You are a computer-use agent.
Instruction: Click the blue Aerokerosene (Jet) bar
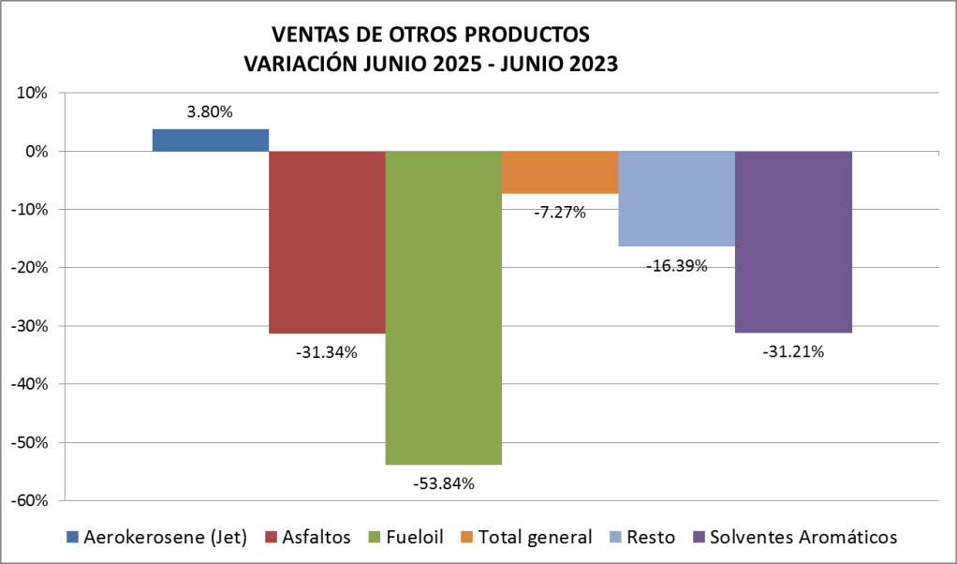coord(211,141)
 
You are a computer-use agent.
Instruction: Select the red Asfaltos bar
coord(327,242)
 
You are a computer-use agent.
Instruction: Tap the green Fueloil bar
coord(443,307)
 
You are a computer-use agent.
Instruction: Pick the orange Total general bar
coord(560,172)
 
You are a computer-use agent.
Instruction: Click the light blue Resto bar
coord(676,199)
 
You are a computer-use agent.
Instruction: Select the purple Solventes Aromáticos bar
coord(793,242)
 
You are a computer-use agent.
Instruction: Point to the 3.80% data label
coord(210,112)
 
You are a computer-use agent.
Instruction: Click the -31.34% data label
coord(326,353)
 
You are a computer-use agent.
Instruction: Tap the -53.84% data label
coord(443,484)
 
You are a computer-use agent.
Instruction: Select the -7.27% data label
coord(559,213)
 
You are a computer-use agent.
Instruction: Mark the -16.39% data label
coord(676,266)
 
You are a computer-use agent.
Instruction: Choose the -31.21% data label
coord(792,352)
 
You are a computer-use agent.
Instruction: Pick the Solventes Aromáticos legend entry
coord(795,537)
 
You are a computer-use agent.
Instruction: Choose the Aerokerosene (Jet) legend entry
coord(156,537)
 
